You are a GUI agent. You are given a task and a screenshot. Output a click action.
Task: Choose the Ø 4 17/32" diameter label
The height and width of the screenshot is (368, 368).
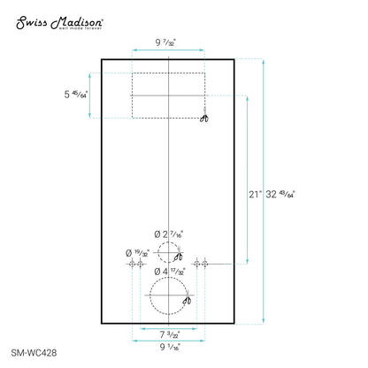click(x=169, y=271)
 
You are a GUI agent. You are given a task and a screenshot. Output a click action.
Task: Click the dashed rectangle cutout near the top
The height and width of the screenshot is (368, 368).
click(x=168, y=96)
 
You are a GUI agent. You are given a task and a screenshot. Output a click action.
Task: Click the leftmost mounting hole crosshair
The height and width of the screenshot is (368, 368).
click(x=132, y=264)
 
